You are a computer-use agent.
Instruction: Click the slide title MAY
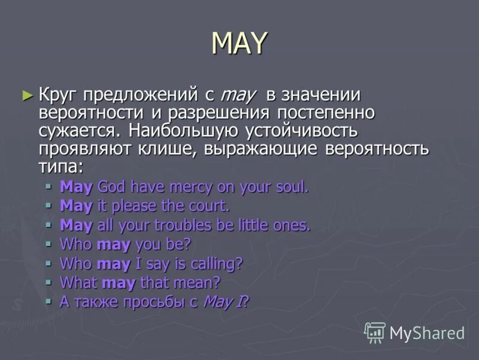pyautogui.click(x=240, y=43)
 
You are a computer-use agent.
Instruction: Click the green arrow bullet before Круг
pyautogui.click(x=26, y=95)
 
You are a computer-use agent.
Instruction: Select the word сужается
pyautogui.click(x=78, y=130)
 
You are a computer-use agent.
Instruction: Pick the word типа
pyautogui.click(x=59, y=166)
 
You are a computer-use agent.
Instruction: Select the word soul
pyautogui.click(x=290, y=187)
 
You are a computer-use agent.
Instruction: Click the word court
pyautogui.click(x=209, y=206)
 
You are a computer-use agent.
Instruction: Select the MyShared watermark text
pyautogui.click(x=427, y=333)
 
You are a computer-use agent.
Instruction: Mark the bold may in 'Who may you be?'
pyautogui.click(x=113, y=244)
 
